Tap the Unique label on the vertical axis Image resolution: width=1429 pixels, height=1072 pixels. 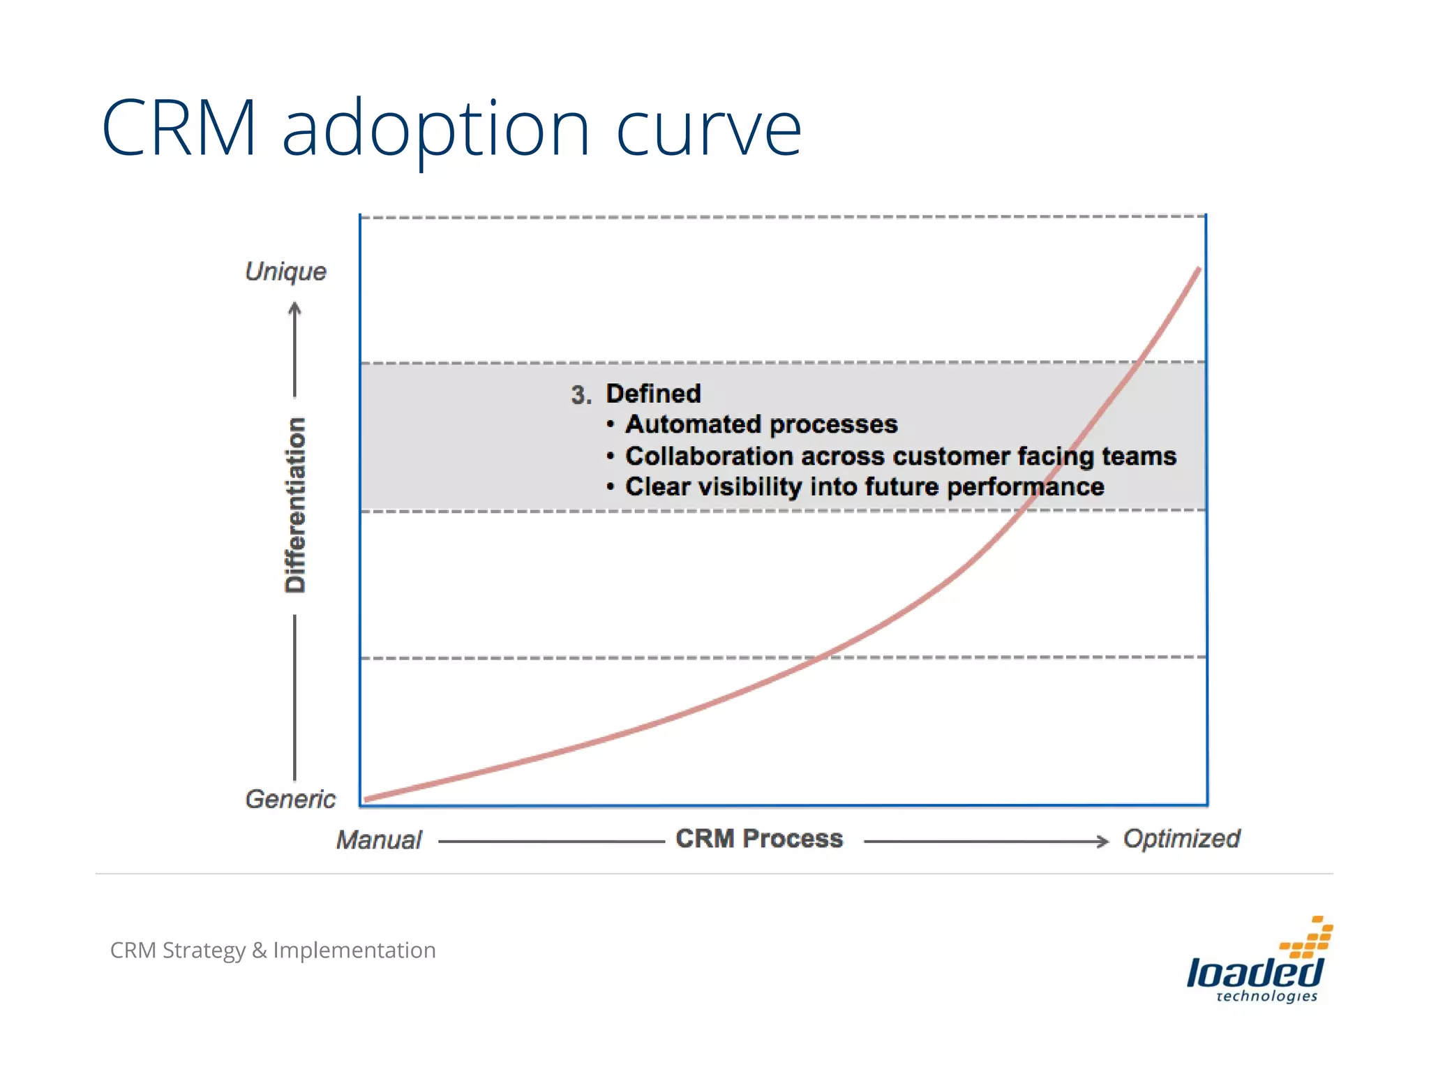(x=285, y=271)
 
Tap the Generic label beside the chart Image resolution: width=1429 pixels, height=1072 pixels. (x=290, y=798)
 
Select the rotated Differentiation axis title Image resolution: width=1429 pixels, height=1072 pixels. (x=295, y=505)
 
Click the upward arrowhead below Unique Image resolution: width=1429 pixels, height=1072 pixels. (x=295, y=308)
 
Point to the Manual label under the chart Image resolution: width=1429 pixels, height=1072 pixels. (x=379, y=840)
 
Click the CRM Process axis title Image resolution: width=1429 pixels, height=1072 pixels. (x=759, y=838)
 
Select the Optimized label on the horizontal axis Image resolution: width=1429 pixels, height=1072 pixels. (x=1181, y=838)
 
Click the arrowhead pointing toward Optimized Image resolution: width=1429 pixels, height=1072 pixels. (x=1102, y=841)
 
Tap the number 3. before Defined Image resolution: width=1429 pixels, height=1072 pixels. (x=581, y=395)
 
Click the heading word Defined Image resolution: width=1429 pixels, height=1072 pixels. (x=653, y=394)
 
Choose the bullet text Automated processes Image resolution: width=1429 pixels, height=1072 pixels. (x=761, y=424)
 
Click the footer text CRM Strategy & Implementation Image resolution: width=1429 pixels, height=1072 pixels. (x=273, y=950)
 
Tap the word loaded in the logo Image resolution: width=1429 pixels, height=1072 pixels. (x=1254, y=971)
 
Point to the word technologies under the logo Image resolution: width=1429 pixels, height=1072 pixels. (x=1266, y=997)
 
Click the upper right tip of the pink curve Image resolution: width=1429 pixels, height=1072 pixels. (x=1198, y=269)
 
